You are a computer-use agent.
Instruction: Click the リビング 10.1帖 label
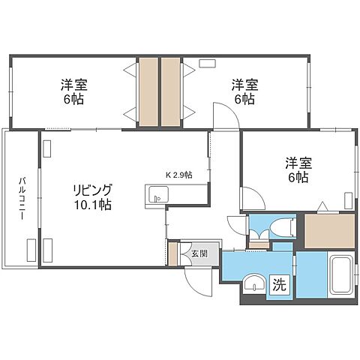click(92, 196)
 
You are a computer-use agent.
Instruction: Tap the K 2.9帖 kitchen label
click(178, 175)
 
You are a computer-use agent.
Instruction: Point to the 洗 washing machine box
click(278, 284)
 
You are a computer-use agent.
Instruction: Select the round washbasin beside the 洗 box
click(253, 283)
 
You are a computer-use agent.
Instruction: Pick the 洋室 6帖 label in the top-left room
click(73, 91)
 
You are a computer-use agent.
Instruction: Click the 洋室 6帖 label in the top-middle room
click(244, 91)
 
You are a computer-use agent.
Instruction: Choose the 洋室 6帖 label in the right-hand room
click(296, 169)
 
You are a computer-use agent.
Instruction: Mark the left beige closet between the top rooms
click(147, 91)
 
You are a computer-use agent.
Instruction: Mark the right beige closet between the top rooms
click(172, 91)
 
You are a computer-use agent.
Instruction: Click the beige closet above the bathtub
click(328, 231)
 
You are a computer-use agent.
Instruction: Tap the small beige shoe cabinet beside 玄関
click(172, 254)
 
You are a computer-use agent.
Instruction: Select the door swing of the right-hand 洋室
click(253, 198)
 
